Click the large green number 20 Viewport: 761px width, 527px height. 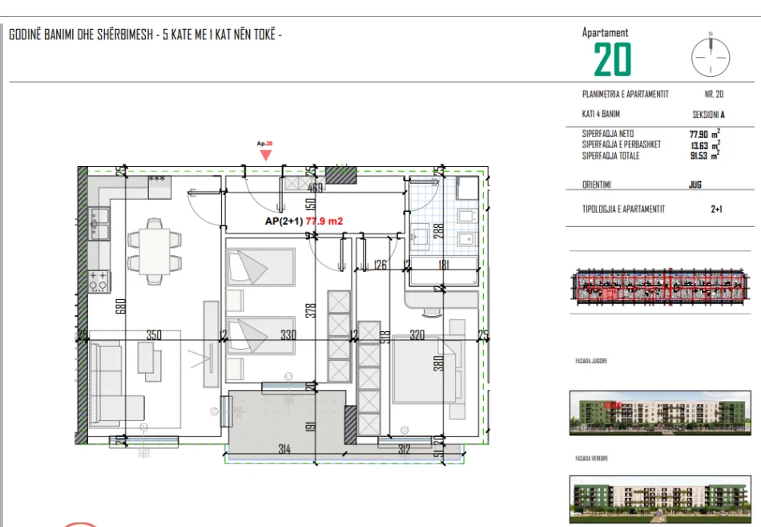point(612,59)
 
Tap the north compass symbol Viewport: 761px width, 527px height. point(711,57)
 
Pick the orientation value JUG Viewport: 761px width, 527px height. point(695,184)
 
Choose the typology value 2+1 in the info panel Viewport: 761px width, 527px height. point(716,209)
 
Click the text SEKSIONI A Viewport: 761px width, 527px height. point(708,115)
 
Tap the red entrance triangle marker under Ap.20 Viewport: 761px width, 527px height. point(265,155)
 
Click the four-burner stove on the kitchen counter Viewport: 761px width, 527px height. point(99,282)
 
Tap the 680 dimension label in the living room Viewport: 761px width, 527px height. point(119,307)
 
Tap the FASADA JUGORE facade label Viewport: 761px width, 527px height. point(591,362)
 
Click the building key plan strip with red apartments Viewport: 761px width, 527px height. point(662,288)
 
